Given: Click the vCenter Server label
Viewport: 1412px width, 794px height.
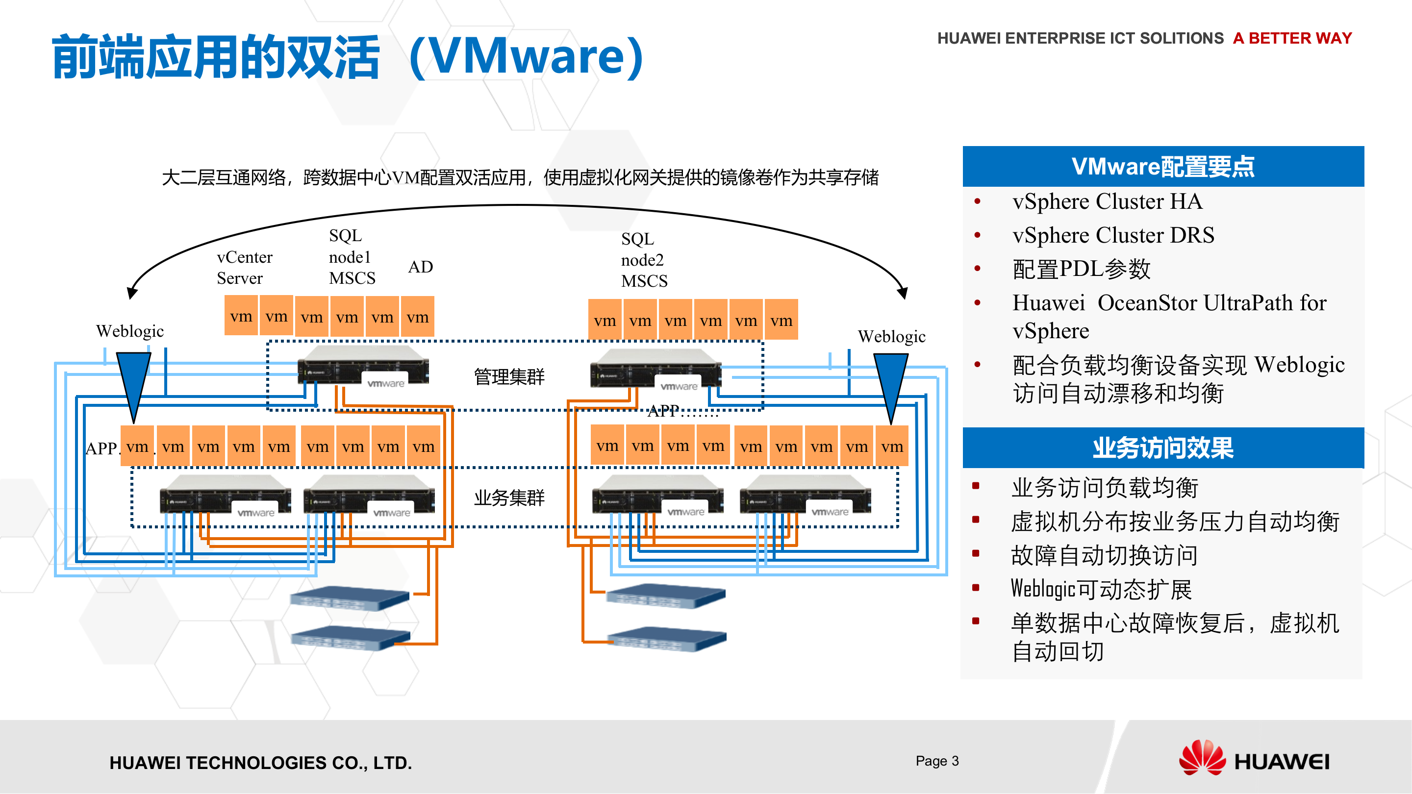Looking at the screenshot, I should coord(244,268).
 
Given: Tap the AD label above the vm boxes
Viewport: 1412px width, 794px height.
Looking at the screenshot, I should coord(421,267).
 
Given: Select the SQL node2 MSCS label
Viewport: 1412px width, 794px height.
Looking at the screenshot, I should coord(644,260).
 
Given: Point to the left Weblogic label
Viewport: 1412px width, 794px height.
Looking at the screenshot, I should coord(130,331).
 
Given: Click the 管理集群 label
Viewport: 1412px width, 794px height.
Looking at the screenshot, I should coord(509,376).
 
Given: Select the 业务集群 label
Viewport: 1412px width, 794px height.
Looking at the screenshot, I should coord(509,497).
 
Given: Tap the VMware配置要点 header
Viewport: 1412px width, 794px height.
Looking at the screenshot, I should coord(1162,167).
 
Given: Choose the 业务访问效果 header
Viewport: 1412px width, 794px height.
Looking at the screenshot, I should coord(1162,447).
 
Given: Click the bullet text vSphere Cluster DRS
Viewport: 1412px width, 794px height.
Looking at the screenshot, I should coord(1113,235).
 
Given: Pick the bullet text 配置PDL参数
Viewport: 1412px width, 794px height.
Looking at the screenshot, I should coord(1081,269).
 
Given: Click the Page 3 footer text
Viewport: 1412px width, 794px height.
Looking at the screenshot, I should coord(937,761).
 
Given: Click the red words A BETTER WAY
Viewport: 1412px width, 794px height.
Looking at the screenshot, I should coord(1292,38).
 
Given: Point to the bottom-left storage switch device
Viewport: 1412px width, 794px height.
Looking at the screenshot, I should coord(350,638).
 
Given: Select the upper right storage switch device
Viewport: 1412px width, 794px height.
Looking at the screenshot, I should coord(665,595).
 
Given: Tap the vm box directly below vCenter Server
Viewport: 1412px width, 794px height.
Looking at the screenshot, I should coord(241,316).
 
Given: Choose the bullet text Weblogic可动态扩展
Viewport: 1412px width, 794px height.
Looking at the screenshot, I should coord(1101,589).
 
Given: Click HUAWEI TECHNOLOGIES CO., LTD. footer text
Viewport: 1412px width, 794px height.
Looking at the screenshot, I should coord(260,762).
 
